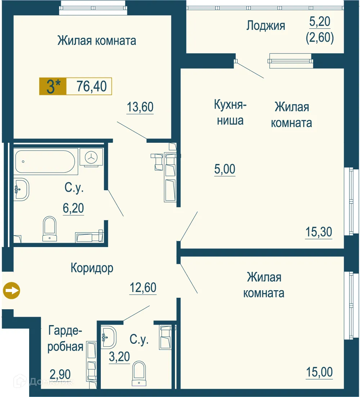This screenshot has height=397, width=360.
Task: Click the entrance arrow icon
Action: (x=12, y=291)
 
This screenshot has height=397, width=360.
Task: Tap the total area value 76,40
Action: (x=92, y=86)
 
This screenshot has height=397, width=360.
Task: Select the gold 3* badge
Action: (x=53, y=86)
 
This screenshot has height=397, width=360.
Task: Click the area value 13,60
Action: (x=140, y=107)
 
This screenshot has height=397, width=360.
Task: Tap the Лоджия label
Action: (x=266, y=26)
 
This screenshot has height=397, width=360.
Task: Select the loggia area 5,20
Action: (x=320, y=22)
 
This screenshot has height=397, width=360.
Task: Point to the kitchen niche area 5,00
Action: (x=225, y=169)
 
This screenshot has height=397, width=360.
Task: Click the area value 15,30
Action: (x=319, y=232)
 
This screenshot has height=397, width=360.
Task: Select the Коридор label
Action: (x=92, y=268)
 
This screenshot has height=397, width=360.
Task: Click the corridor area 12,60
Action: (x=143, y=288)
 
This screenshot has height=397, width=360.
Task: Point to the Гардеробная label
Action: (x=66, y=338)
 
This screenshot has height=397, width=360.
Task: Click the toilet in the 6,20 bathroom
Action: (x=49, y=229)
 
